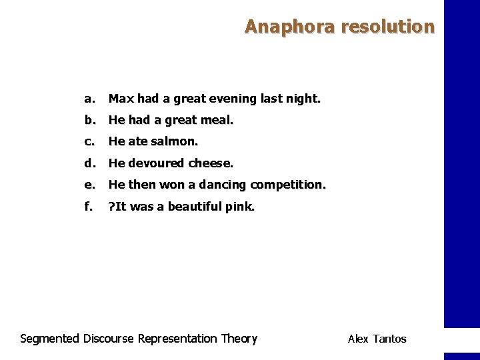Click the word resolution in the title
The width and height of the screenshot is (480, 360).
click(x=387, y=27)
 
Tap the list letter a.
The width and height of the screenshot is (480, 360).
click(x=88, y=99)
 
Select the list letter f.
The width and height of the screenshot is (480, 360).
click(x=88, y=206)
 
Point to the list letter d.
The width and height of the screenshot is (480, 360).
click(x=89, y=163)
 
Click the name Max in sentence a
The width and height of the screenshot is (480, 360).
click(x=121, y=99)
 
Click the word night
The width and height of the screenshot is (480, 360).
click(x=305, y=99)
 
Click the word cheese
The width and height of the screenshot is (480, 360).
click(x=211, y=163)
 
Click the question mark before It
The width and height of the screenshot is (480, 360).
click(x=111, y=206)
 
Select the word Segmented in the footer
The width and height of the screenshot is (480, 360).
click(x=49, y=339)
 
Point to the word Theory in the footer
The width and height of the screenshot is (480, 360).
click(x=239, y=339)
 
